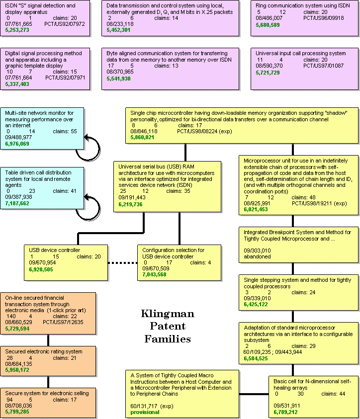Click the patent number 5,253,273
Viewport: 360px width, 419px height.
click(x=17, y=30)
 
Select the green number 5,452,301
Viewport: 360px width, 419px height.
click(x=118, y=30)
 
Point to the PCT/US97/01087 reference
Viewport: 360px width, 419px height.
click(x=323, y=66)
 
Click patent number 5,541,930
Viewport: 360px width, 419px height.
click(x=118, y=79)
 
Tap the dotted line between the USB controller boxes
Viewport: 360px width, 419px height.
click(x=123, y=263)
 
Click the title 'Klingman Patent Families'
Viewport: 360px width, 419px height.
click(x=168, y=326)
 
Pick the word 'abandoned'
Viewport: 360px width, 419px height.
click(x=257, y=257)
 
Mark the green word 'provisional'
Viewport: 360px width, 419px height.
click(x=145, y=413)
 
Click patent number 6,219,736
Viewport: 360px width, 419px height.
click(x=130, y=204)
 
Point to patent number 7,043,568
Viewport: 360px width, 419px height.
click(x=154, y=275)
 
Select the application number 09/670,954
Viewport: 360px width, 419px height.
click(x=42, y=262)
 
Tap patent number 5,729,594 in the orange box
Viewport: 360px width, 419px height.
click(x=17, y=329)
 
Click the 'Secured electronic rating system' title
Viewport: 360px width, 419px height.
click(x=44, y=352)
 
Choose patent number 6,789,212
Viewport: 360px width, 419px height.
click(x=285, y=413)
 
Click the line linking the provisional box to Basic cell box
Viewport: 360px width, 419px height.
click(x=254, y=394)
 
